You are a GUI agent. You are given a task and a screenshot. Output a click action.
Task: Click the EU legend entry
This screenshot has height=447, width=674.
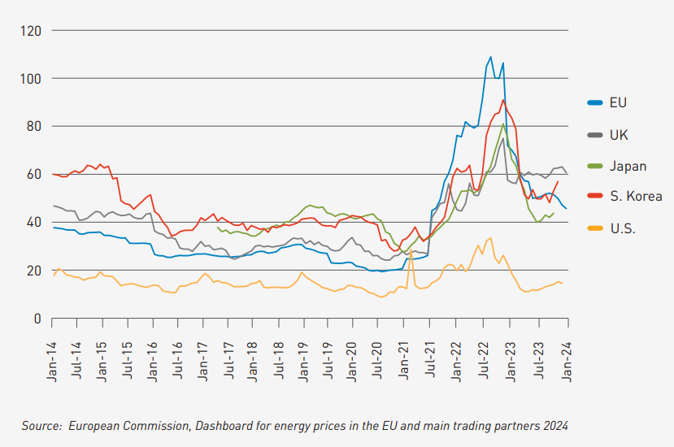click(619, 102)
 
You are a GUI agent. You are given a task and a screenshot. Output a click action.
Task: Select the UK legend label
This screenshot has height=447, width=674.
click(619, 135)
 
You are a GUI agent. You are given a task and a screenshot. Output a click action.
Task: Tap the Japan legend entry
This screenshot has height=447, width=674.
click(628, 166)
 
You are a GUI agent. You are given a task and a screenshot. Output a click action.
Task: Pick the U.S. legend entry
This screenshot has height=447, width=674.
click(623, 228)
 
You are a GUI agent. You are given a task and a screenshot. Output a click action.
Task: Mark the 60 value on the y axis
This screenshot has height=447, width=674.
click(34, 175)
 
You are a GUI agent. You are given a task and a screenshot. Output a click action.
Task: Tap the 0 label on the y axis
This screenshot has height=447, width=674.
click(37, 319)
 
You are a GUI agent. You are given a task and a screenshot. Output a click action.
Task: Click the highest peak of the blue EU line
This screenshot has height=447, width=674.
click(490, 57)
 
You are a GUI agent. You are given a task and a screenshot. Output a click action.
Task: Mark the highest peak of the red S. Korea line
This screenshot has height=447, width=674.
click(503, 100)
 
